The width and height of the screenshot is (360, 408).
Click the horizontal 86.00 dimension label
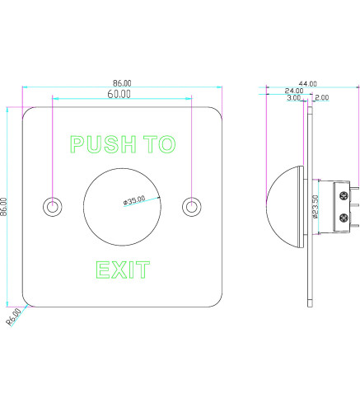(x=122, y=83)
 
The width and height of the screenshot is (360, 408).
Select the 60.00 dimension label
(x=119, y=94)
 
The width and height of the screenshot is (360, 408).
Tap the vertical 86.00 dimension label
(x=3, y=207)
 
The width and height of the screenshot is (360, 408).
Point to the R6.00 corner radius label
(x=14, y=317)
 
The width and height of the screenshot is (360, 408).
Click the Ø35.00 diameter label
(x=134, y=200)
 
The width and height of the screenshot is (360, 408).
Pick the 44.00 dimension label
(x=307, y=83)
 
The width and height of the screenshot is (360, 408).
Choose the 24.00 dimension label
(x=294, y=91)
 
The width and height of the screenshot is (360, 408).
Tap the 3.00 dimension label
(x=294, y=97)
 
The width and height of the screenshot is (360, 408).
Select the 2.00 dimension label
(x=322, y=97)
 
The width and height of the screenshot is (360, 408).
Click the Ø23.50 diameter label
(x=316, y=207)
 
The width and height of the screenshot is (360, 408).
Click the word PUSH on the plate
(x=104, y=144)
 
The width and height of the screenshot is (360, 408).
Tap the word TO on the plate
(x=160, y=144)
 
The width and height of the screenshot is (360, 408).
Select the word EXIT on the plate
(x=123, y=270)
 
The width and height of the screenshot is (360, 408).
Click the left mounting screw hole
(x=53, y=207)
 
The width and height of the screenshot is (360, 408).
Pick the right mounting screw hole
(x=192, y=207)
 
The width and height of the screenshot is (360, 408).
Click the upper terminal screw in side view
(x=344, y=195)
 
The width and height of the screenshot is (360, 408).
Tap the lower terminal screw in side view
(x=344, y=218)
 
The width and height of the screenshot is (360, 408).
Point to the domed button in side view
(x=285, y=207)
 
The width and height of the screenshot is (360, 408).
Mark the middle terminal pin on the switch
(x=354, y=204)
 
